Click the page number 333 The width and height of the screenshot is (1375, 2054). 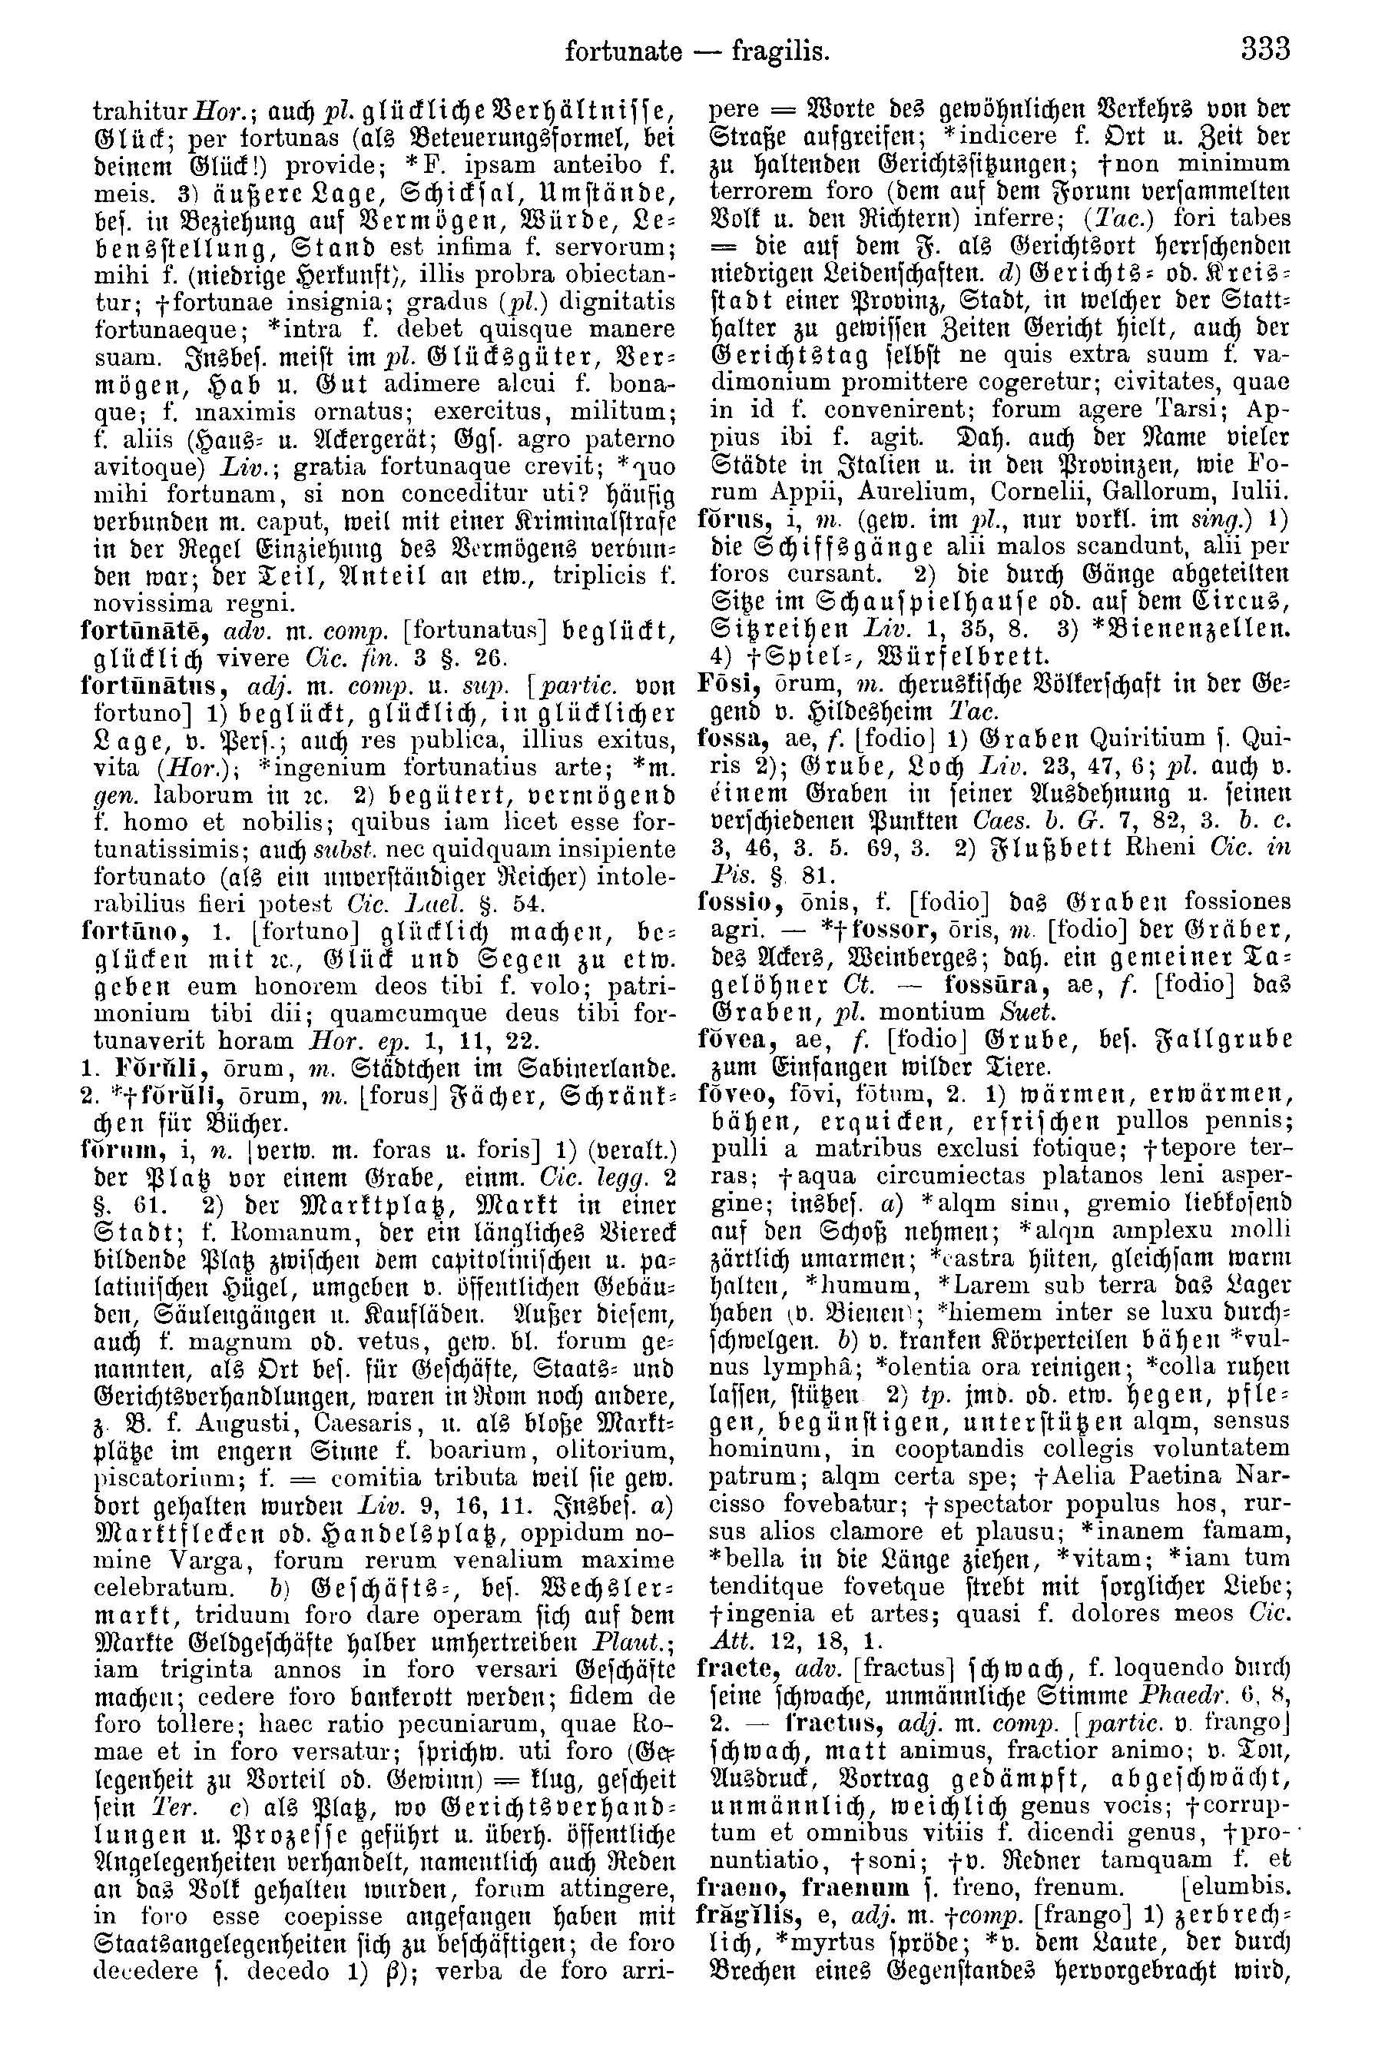point(1265,50)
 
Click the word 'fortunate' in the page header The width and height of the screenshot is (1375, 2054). point(623,51)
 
